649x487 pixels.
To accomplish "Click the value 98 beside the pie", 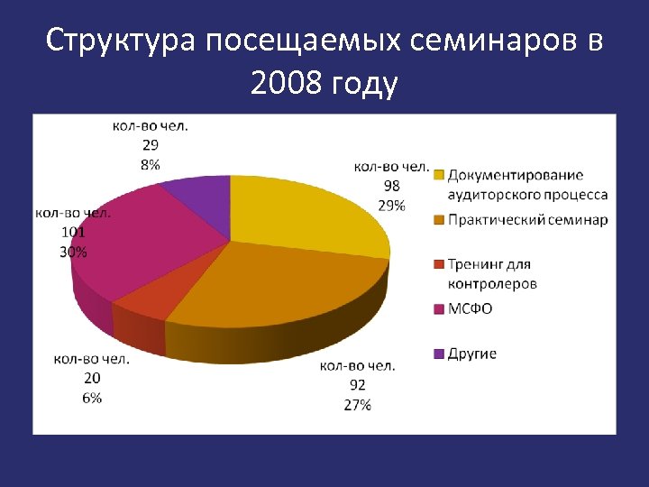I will (391, 185).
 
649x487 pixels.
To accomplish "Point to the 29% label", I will (391, 205).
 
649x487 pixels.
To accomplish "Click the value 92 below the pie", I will (357, 385).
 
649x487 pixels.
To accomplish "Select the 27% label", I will (357, 405).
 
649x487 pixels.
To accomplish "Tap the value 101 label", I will (73, 232).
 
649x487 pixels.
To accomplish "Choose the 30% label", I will (73, 252).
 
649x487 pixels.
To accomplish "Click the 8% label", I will (151, 164).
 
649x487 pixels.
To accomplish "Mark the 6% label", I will (91, 398).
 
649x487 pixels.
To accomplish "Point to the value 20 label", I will (91, 378).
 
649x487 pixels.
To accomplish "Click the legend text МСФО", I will (471, 309).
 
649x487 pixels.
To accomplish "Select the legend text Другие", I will (473, 354).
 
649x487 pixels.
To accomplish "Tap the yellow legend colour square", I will (439, 175).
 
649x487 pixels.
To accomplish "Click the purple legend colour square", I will (439, 354).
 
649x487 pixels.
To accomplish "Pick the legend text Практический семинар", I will (527, 220).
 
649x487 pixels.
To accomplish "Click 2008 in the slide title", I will (288, 84).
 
